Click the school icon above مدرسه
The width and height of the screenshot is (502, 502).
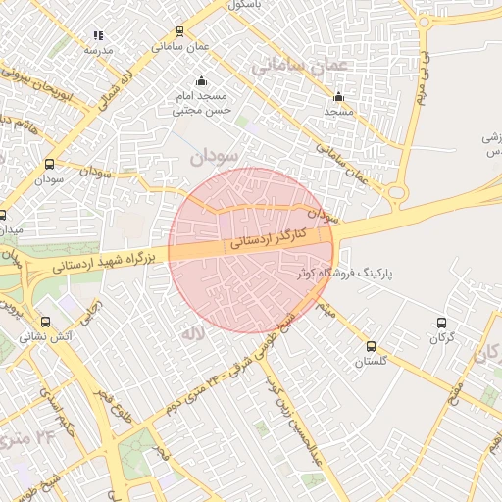(x=98, y=35)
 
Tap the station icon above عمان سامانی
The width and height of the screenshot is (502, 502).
(x=178, y=31)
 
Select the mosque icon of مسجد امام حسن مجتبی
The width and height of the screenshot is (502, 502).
(x=201, y=80)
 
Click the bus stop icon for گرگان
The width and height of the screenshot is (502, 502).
(x=441, y=323)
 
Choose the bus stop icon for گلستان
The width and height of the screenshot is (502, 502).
(x=371, y=346)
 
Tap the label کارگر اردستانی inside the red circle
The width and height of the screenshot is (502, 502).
(x=270, y=237)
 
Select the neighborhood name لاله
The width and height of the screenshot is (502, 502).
(x=190, y=333)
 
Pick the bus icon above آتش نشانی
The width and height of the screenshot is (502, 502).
(x=45, y=321)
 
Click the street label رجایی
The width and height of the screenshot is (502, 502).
(x=94, y=317)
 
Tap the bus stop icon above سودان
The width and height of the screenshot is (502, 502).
(x=49, y=165)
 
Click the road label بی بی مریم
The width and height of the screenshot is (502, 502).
(x=423, y=78)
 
